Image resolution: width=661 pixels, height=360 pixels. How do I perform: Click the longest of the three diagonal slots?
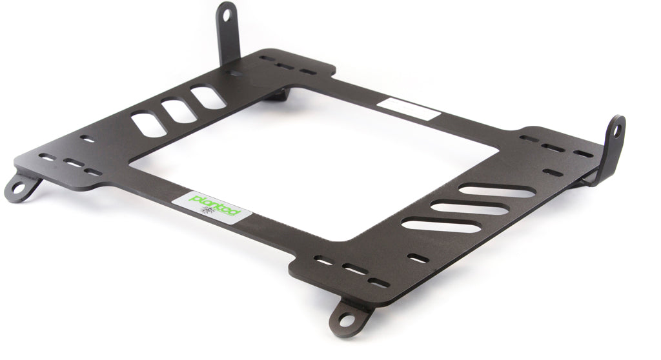click(497, 191)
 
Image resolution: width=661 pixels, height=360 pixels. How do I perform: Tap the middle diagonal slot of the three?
click(470, 208)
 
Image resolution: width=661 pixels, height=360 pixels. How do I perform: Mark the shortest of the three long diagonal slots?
click(442, 225)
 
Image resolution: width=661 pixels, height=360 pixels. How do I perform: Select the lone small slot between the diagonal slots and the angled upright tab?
click(552, 172)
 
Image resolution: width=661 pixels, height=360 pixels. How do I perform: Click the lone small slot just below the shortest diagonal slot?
click(418, 259)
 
